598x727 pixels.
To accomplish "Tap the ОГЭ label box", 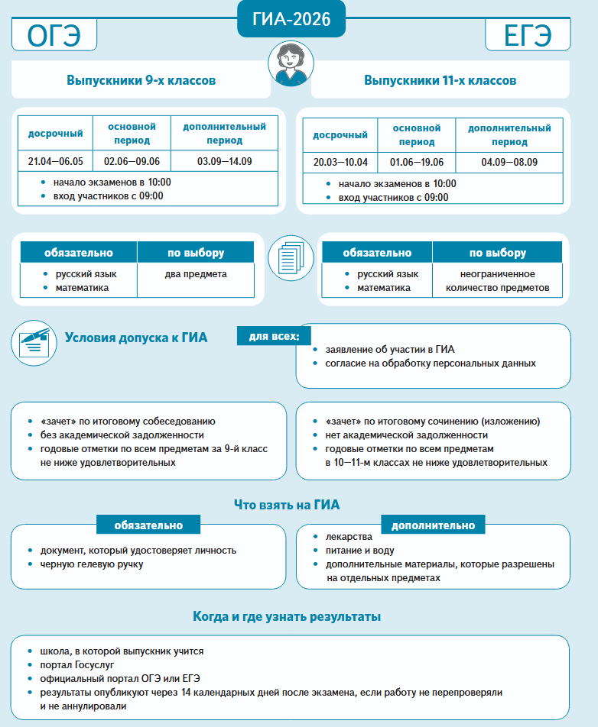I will [54, 36].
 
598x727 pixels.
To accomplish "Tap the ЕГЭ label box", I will [527, 36].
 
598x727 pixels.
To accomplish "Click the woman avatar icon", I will [291, 64].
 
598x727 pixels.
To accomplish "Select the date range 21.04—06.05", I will [55, 161].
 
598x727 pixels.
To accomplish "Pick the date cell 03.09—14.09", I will [224, 161].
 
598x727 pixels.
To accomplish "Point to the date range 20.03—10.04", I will [340, 163].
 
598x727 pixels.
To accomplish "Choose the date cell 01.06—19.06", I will [417, 163].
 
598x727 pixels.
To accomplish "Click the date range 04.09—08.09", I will [509, 163].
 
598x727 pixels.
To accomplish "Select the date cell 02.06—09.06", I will [132, 161].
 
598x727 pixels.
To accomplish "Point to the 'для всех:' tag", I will [274, 336].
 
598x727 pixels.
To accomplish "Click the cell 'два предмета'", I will [195, 274].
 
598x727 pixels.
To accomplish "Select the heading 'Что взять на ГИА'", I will [286, 504].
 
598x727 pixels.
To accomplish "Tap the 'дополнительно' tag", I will [433, 525].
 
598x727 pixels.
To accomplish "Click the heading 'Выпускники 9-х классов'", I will [141, 80].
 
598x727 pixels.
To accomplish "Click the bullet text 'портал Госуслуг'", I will [76, 665].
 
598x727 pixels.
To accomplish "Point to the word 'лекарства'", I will [349, 537].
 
